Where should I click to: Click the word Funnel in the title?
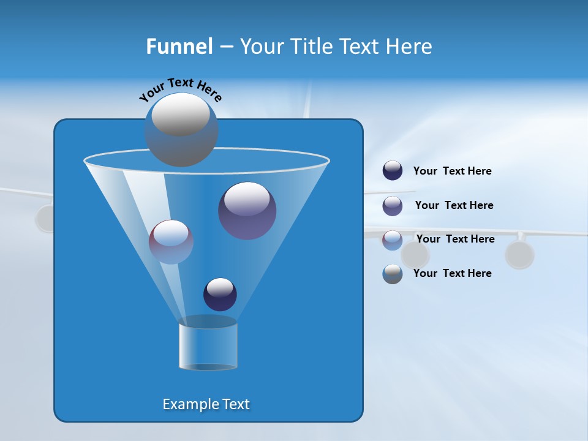179,47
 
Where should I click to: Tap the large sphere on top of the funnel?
181,129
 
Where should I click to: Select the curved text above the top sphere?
180,89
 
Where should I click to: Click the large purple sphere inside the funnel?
247,210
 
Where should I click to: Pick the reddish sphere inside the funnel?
171,242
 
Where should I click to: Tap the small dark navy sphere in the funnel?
220,294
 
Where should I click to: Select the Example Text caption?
206,404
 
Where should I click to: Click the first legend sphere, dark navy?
393,171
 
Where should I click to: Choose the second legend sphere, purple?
393,206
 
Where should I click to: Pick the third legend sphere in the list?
393,240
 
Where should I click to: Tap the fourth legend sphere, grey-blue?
393,274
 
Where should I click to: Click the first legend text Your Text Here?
452,171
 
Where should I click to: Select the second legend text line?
454,206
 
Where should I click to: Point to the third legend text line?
455,239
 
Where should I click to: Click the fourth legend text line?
452,274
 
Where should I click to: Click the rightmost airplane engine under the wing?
519,255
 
